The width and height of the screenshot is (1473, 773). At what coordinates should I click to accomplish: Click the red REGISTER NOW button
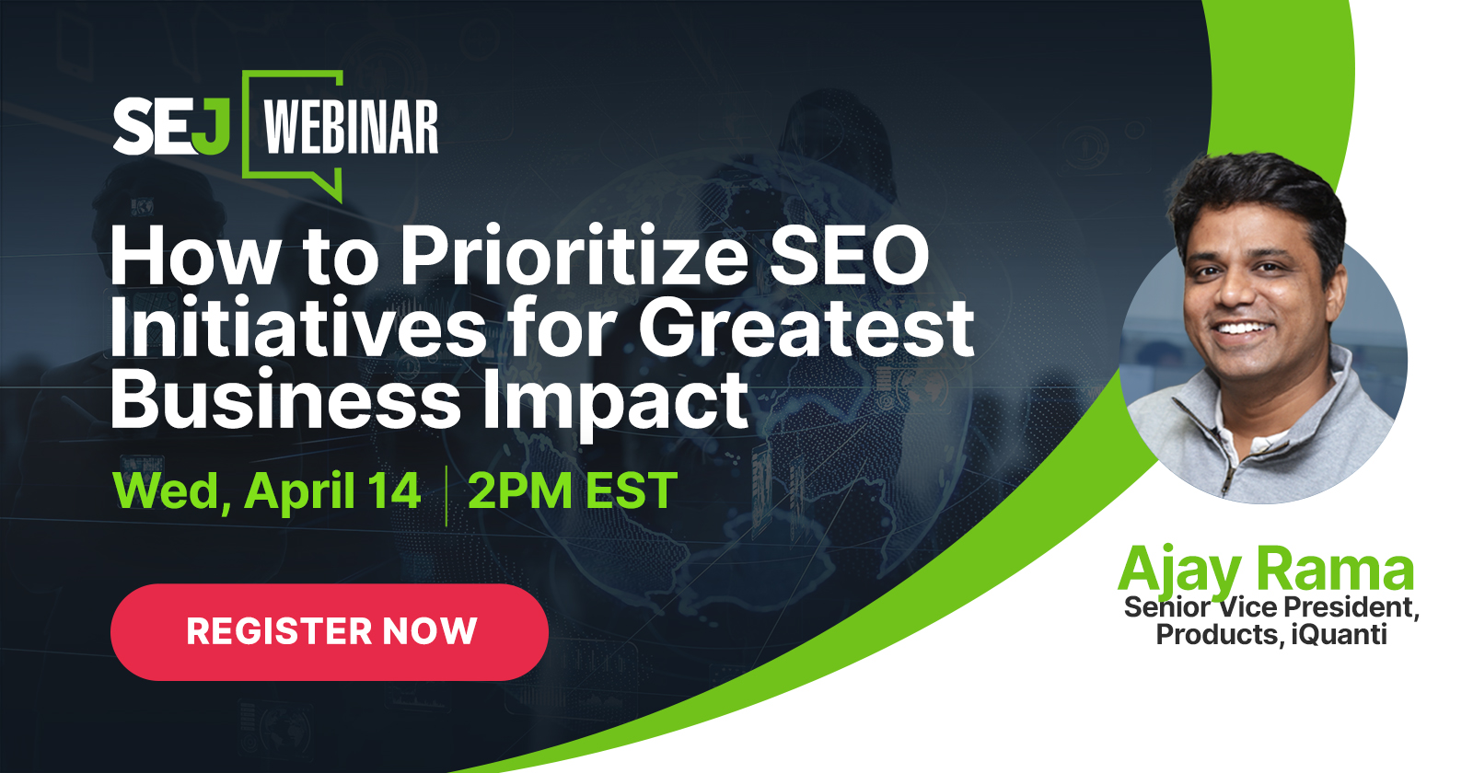click(330, 631)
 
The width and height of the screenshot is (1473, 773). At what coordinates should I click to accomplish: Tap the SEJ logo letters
click(171, 126)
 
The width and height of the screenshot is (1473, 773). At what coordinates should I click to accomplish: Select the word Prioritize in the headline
click(574, 257)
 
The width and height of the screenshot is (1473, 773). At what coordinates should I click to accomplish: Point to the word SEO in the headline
click(849, 257)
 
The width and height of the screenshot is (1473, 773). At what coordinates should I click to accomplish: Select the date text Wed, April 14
click(266, 491)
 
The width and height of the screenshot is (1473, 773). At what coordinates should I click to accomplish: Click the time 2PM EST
click(572, 490)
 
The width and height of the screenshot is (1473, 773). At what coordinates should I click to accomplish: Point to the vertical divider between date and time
click(447, 496)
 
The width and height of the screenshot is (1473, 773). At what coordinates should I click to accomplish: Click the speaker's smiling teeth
click(1242, 328)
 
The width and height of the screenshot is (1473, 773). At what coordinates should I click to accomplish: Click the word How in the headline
click(195, 257)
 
